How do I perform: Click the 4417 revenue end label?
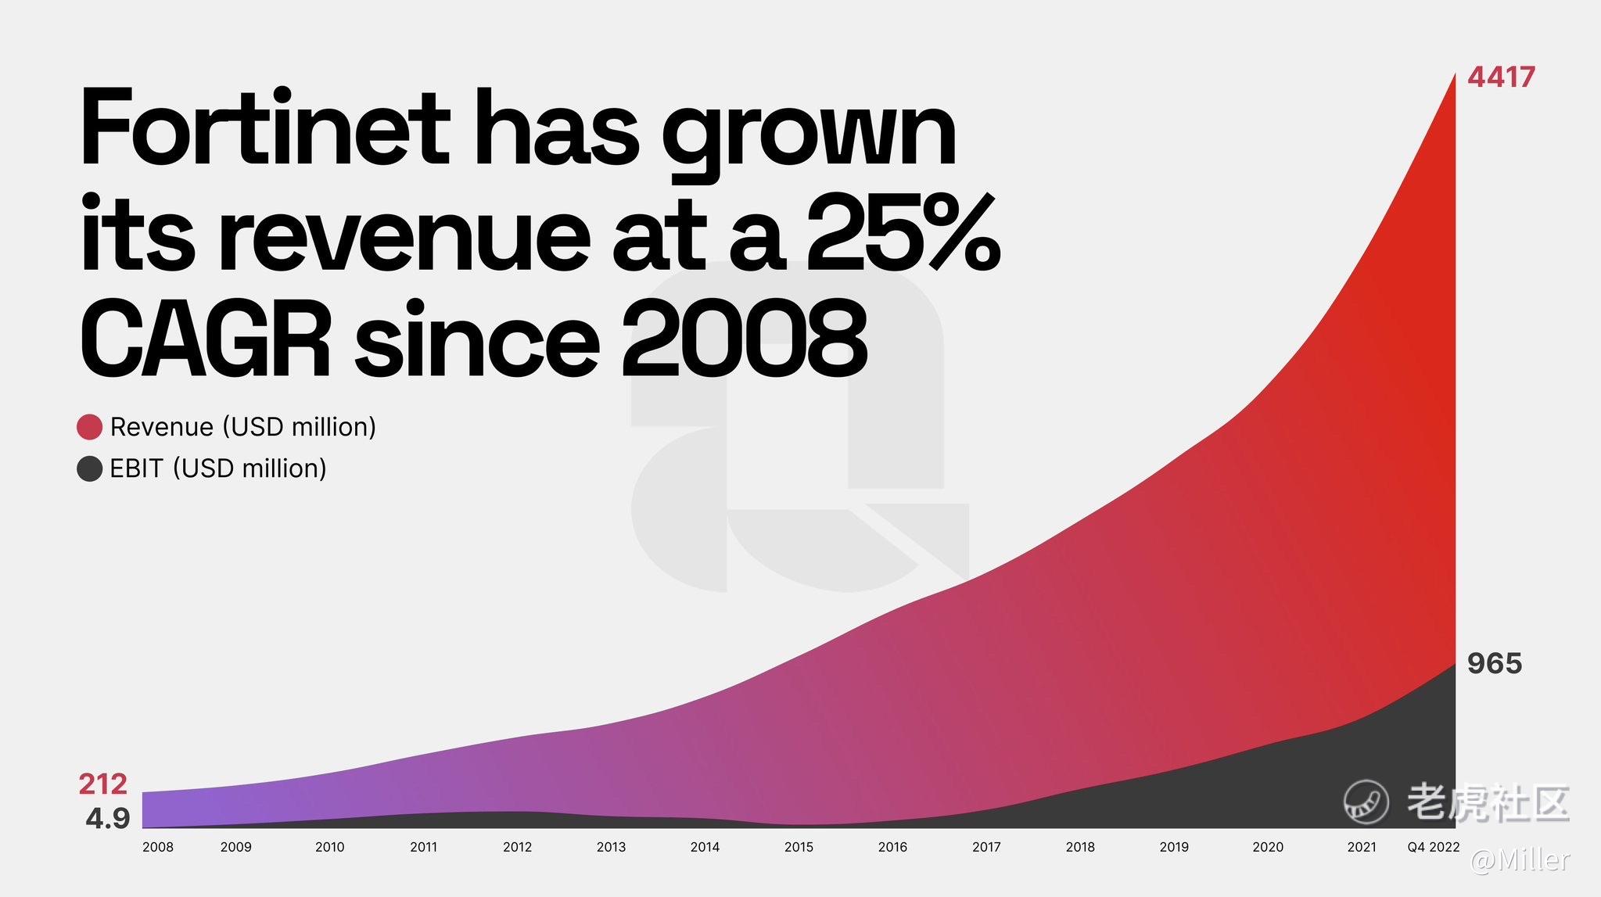click(1501, 77)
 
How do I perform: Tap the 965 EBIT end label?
click(1495, 663)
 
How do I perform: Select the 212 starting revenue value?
click(102, 784)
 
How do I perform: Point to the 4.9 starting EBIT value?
click(108, 818)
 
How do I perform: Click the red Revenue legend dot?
click(90, 427)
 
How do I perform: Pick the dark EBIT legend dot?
click(90, 468)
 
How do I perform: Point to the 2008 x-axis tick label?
click(158, 847)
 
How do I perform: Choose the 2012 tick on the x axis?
click(518, 847)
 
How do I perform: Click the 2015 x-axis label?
click(799, 847)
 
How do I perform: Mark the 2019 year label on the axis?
click(1174, 847)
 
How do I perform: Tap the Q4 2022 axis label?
click(1434, 847)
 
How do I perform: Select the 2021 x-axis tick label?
click(1362, 847)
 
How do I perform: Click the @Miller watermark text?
click(1520, 860)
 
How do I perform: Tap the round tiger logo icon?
click(1366, 802)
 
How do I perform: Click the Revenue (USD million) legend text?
click(243, 427)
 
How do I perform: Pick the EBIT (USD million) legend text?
click(218, 468)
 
